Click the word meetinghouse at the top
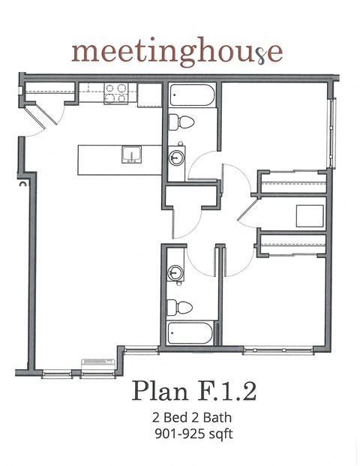pos(178,52)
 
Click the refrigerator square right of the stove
pos(149,95)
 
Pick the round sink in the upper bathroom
pos(177,158)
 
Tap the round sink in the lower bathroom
pos(177,272)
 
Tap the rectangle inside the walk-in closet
pos(310,215)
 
